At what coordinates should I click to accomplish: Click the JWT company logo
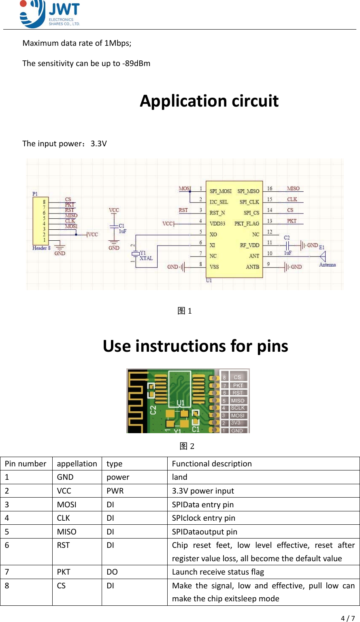49,14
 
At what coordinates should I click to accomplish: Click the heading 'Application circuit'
209,101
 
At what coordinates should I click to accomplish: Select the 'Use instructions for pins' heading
195,346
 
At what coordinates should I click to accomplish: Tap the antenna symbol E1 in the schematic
323,256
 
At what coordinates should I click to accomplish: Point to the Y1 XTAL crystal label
146,256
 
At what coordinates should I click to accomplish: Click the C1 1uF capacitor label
122,228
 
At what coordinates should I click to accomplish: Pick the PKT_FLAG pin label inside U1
246,224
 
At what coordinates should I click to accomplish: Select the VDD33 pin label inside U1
217,224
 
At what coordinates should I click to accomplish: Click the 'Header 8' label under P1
41,248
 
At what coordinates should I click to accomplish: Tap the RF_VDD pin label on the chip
249,245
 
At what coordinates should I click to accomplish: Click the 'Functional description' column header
212,464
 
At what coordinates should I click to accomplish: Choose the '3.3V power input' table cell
203,491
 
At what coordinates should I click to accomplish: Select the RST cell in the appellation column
63,545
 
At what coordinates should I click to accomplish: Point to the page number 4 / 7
347,618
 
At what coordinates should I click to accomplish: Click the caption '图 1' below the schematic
185,311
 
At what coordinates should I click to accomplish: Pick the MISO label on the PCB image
238,400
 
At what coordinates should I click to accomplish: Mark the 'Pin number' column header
26,464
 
